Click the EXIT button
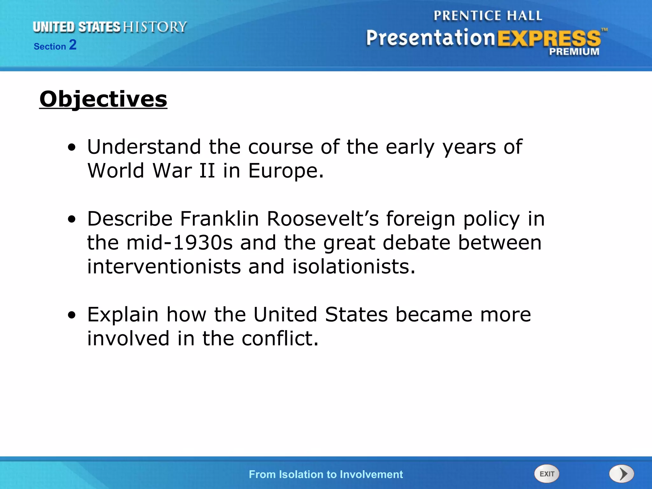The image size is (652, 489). tap(547, 474)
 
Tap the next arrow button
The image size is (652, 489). tap(622, 474)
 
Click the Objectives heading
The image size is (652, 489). tap(103, 99)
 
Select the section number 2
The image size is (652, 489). tap(73, 45)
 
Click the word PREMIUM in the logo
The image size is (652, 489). tap(574, 52)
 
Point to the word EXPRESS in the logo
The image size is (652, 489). tap(549, 39)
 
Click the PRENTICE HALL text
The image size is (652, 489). tap(488, 16)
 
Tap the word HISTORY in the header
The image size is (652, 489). tap(155, 27)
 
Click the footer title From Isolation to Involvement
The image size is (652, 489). tap(326, 474)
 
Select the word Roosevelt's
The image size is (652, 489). tap(323, 219)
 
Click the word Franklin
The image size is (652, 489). tap(219, 219)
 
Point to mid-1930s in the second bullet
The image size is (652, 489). tap(180, 243)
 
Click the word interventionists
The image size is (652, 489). tap(164, 266)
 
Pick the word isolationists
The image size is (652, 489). tap(353, 266)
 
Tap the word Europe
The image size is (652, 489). tap(286, 171)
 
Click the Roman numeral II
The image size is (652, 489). tap(207, 171)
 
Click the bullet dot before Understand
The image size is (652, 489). tap(72, 147)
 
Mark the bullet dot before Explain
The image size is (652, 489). tap(72, 315)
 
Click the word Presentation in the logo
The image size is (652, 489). tap(430, 38)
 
